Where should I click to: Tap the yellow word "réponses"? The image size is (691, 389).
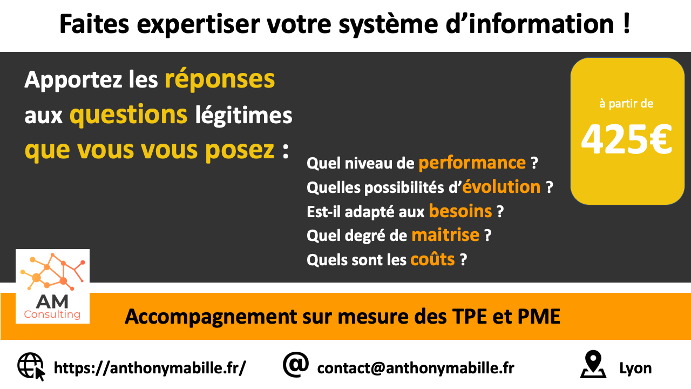click(220, 79)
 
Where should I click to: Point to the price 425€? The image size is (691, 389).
click(627, 139)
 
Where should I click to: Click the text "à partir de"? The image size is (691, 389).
click(626, 104)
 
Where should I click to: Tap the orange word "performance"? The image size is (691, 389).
click(472, 163)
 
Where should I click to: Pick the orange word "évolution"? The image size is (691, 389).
click(502, 187)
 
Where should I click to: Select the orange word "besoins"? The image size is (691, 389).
click(460, 211)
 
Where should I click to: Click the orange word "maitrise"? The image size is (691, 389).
click(445, 235)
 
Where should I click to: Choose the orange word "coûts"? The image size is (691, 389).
click(432, 259)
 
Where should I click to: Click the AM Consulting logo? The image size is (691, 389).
click(52, 286)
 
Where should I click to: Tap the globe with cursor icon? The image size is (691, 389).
click(31, 366)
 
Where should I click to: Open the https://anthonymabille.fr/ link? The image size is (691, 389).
click(150, 368)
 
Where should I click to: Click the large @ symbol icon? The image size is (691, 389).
click(295, 365)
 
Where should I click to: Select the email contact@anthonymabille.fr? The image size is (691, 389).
click(416, 368)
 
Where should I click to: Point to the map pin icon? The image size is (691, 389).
click(593, 364)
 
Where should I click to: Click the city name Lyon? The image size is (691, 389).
click(635, 368)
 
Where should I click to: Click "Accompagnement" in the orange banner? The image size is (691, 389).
click(211, 317)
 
